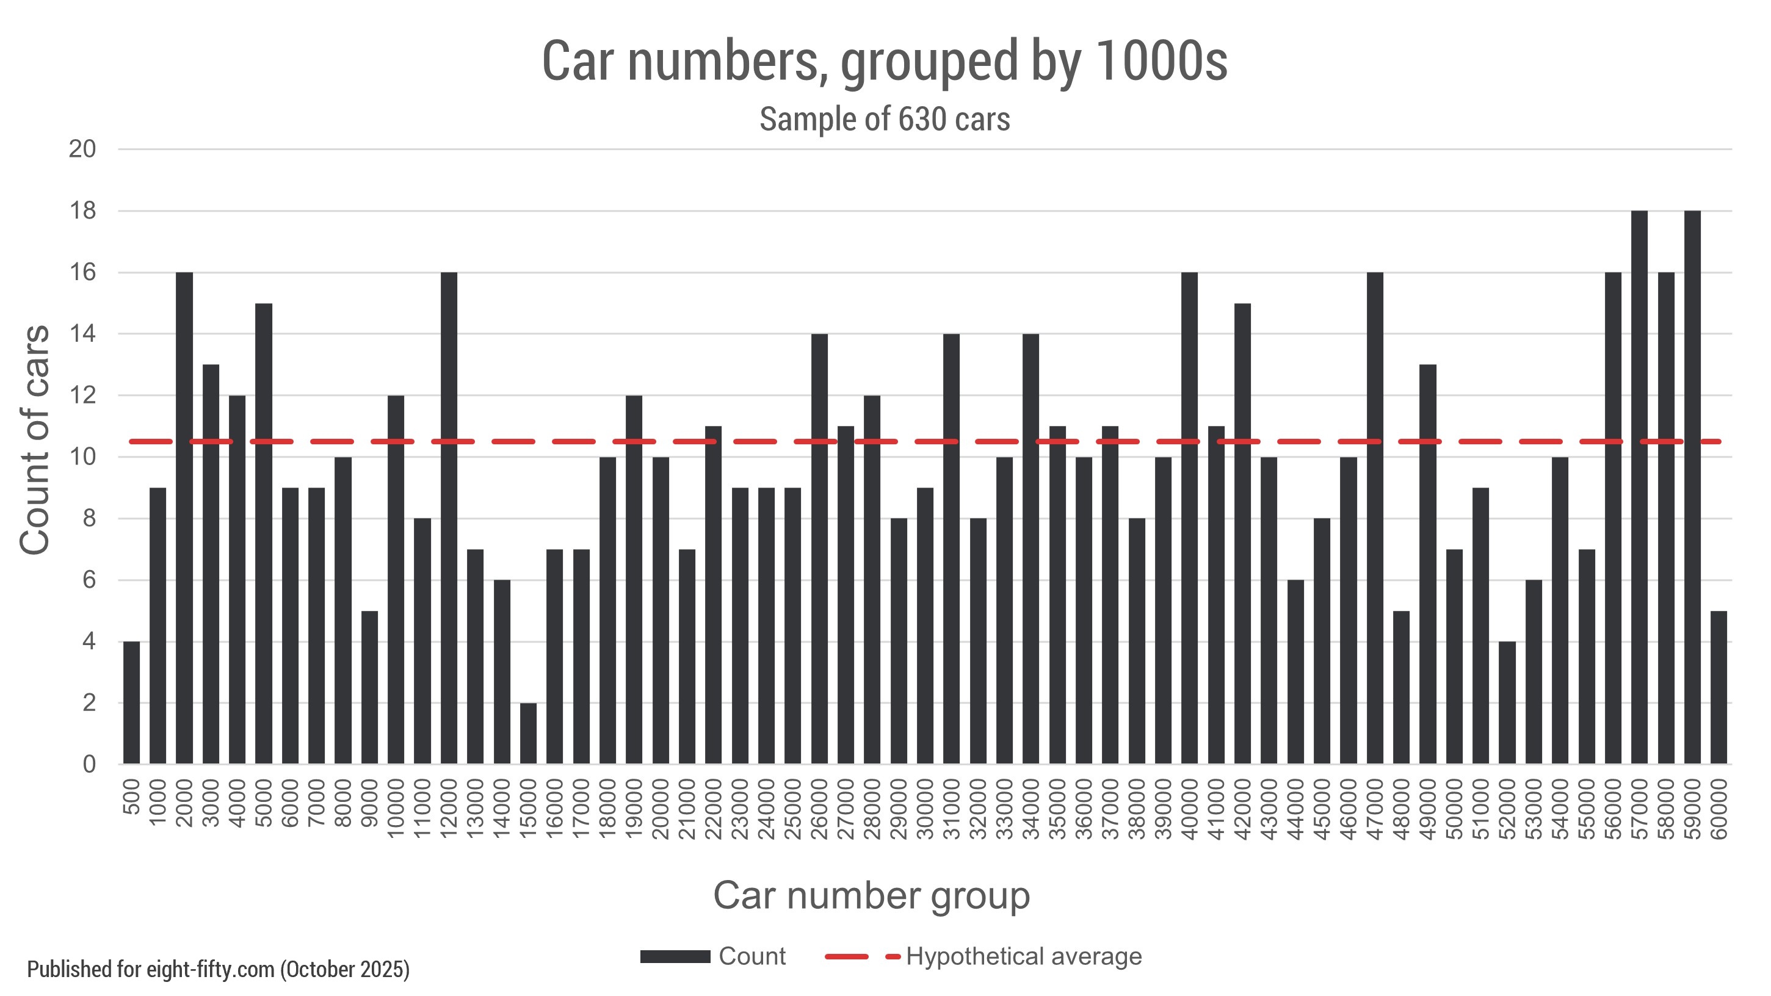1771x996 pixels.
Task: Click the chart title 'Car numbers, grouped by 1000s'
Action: coord(884,62)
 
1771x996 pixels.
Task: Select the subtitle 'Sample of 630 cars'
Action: coord(884,120)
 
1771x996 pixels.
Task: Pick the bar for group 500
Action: coord(131,702)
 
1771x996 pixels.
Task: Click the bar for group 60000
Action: coord(1718,687)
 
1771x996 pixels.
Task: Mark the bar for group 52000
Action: coord(1507,702)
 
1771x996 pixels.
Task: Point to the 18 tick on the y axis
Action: coord(82,211)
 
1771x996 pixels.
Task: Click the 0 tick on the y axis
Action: coord(89,764)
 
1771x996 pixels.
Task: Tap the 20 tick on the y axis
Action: coord(82,149)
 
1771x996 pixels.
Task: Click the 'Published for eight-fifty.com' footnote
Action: coord(218,969)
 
